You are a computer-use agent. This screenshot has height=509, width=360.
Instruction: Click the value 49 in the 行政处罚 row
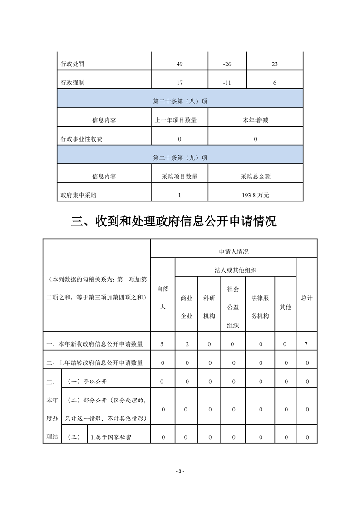[x=180, y=64]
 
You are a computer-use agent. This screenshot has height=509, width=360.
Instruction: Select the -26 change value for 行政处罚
[x=227, y=64]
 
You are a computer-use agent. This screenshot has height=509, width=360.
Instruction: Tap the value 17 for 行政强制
[x=180, y=83]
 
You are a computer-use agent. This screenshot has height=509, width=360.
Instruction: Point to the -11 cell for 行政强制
[x=227, y=83]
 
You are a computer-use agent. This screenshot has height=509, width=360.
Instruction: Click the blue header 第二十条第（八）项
[x=180, y=102]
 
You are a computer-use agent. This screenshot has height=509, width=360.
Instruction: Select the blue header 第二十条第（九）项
[x=180, y=158]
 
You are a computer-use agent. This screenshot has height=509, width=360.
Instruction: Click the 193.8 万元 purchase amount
[x=256, y=196]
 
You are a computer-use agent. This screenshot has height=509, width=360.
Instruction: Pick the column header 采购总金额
[x=256, y=176]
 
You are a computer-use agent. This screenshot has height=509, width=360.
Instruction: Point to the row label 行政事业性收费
[x=81, y=139]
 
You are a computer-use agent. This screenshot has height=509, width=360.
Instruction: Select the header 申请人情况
[x=233, y=251]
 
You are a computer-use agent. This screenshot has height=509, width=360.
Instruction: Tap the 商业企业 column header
[x=186, y=307]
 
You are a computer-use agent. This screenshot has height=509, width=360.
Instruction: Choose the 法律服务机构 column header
[x=260, y=307]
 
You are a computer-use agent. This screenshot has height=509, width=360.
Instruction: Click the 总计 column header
[x=306, y=298]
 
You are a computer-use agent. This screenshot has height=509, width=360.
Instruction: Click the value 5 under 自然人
[x=162, y=344]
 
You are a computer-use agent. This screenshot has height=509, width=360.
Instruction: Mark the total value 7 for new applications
[x=306, y=344]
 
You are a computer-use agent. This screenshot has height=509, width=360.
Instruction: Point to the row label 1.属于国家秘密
[x=111, y=437]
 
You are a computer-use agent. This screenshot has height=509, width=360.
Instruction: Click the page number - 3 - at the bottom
[x=180, y=471]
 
